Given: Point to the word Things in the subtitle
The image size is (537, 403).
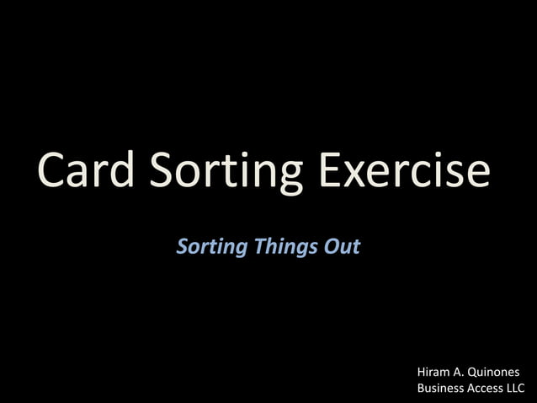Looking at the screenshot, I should coord(285,248).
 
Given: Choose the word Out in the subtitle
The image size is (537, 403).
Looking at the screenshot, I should coord(343,247).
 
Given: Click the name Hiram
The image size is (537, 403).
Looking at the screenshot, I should coord(433,372).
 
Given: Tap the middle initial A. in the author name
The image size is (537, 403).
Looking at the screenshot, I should coord(460,372).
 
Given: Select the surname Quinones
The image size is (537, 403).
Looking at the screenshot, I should coord(495,373).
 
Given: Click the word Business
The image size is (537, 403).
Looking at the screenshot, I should coord(441,389).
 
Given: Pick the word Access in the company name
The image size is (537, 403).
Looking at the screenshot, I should coord(486,389).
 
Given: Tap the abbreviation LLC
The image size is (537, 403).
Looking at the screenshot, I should coord(515,389).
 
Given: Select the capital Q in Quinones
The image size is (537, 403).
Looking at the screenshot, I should coord(474,372).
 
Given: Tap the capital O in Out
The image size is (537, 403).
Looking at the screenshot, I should coord(331,247).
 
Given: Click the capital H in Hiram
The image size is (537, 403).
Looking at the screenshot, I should coord(421,372).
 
